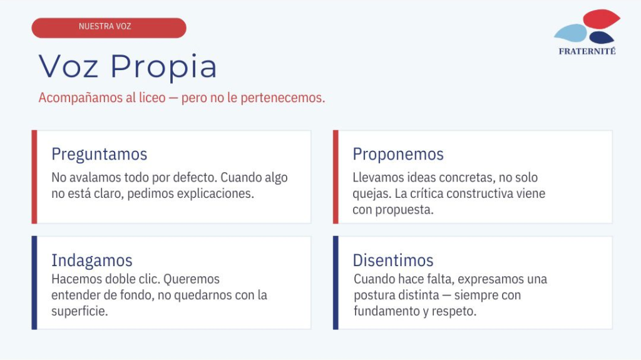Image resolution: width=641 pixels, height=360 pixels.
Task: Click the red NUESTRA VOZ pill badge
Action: click(x=109, y=28)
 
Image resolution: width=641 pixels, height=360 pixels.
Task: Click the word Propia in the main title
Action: click(x=163, y=67)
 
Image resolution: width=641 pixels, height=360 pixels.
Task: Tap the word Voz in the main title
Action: click(x=68, y=66)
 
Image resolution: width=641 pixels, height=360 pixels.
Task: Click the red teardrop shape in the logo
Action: click(x=601, y=19)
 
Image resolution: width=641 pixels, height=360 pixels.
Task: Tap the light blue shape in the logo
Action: click(x=571, y=33)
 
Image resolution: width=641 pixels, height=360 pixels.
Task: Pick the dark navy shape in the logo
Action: click(x=602, y=38)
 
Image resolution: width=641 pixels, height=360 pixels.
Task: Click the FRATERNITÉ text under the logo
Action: click(x=587, y=51)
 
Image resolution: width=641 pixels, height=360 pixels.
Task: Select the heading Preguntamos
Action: click(x=100, y=154)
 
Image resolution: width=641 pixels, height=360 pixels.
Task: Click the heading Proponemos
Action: click(x=398, y=154)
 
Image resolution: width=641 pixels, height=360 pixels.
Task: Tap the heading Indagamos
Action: click(x=92, y=260)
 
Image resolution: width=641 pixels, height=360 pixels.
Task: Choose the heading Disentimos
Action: click(x=393, y=260)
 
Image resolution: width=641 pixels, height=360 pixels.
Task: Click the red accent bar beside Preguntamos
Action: click(x=34, y=177)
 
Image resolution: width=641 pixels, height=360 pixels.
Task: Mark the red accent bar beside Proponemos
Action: click(x=336, y=177)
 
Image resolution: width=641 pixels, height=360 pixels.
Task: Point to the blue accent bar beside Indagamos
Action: click(x=34, y=283)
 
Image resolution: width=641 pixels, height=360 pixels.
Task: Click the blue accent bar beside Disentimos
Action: click(x=336, y=283)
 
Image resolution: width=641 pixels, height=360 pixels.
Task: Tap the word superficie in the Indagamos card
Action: click(x=79, y=311)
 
